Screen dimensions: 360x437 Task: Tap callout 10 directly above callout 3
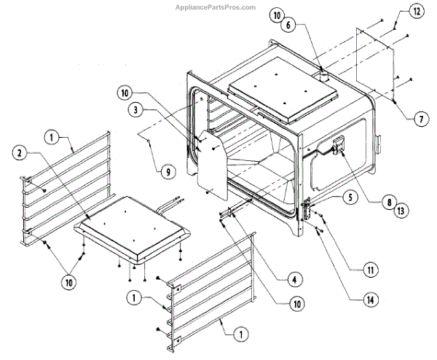click(x=125, y=93)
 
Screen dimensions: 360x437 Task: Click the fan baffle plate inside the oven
click(x=210, y=160)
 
